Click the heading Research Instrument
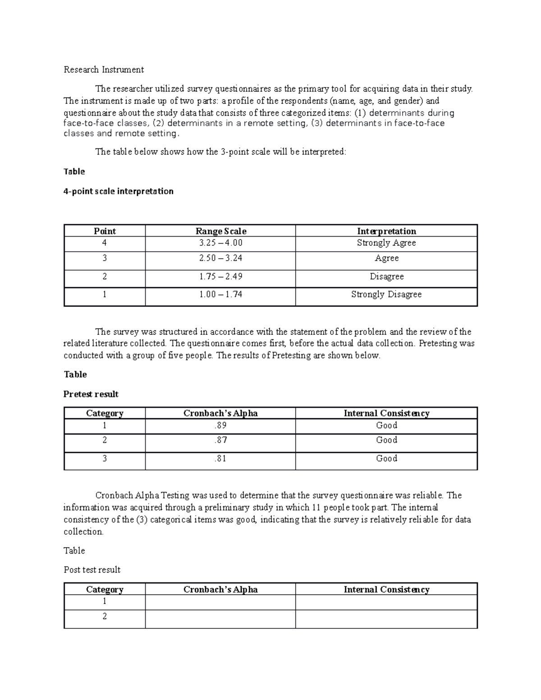[104, 69]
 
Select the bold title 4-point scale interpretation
[119, 191]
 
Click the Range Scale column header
[220, 231]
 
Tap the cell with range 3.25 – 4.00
[220, 243]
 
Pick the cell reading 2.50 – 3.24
[220, 258]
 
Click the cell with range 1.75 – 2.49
[220, 276]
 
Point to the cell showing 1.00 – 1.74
[220, 294]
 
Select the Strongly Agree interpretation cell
[386, 243]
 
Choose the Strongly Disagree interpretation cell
[386, 294]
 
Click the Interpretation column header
[386, 231]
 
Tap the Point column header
[105, 231]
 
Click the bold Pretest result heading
[91, 394]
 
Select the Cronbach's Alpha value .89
[220, 425]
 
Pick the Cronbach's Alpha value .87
[220, 440]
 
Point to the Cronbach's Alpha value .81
[220, 458]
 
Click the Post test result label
[92, 570]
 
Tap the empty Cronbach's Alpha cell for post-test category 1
[220, 602]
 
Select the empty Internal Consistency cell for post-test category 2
[386, 618]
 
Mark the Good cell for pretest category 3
[386, 458]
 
